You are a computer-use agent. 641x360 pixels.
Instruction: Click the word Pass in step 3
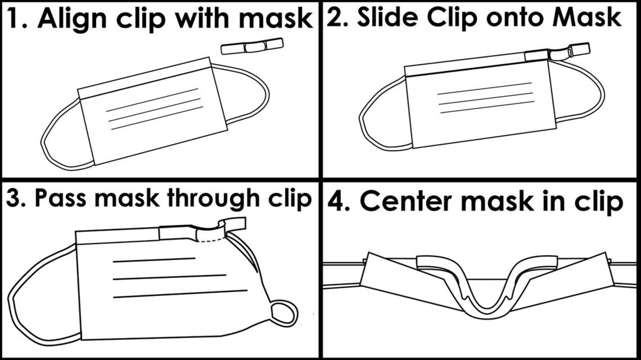pos(61,198)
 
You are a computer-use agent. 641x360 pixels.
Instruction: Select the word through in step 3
pos(213,199)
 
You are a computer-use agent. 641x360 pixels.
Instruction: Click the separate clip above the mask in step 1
pos(252,46)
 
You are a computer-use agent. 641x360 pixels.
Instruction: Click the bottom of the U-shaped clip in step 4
pos(486,315)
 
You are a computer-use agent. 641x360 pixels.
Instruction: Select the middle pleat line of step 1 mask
pos(155,110)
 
